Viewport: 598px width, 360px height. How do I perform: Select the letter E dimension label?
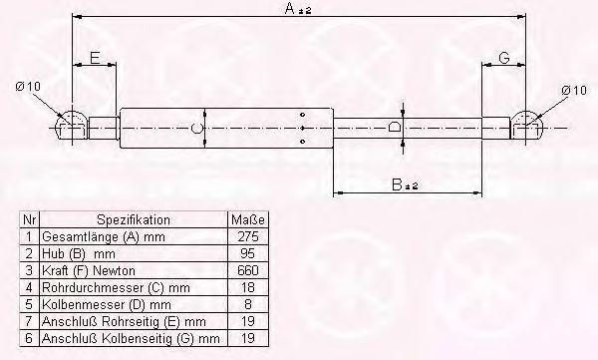tap(95, 58)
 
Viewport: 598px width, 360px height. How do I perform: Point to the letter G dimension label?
tap(504, 58)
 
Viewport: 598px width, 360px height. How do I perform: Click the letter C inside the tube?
tap(196, 129)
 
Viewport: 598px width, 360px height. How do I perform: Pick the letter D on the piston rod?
tap(395, 127)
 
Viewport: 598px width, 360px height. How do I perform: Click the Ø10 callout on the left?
tap(28, 87)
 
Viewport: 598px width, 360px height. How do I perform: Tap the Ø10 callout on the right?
tap(574, 91)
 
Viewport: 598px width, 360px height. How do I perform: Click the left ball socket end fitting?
tap(71, 126)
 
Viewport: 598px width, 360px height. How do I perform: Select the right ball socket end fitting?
tap(527, 126)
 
